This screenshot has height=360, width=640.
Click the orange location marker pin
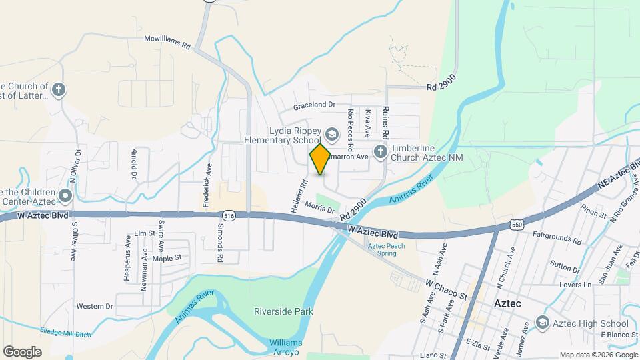tap(320, 159)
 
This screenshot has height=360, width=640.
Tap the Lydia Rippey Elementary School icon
tap(332, 136)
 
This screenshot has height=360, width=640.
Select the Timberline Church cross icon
tap(380, 152)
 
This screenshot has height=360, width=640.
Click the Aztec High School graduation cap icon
tap(542, 323)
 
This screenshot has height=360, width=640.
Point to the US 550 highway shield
tap(517, 225)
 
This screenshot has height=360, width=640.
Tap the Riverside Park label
tap(283, 311)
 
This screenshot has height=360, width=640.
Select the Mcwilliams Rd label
tap(167, 39)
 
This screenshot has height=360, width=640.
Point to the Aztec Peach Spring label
tap(387, 249)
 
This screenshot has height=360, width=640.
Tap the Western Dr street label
tap(95, 307)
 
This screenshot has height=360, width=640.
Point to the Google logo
tap(22, 351)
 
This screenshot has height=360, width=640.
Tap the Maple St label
tap(167, 258)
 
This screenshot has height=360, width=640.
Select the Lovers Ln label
tap(578, 285)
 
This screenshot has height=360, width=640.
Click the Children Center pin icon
tap(65, 196)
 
